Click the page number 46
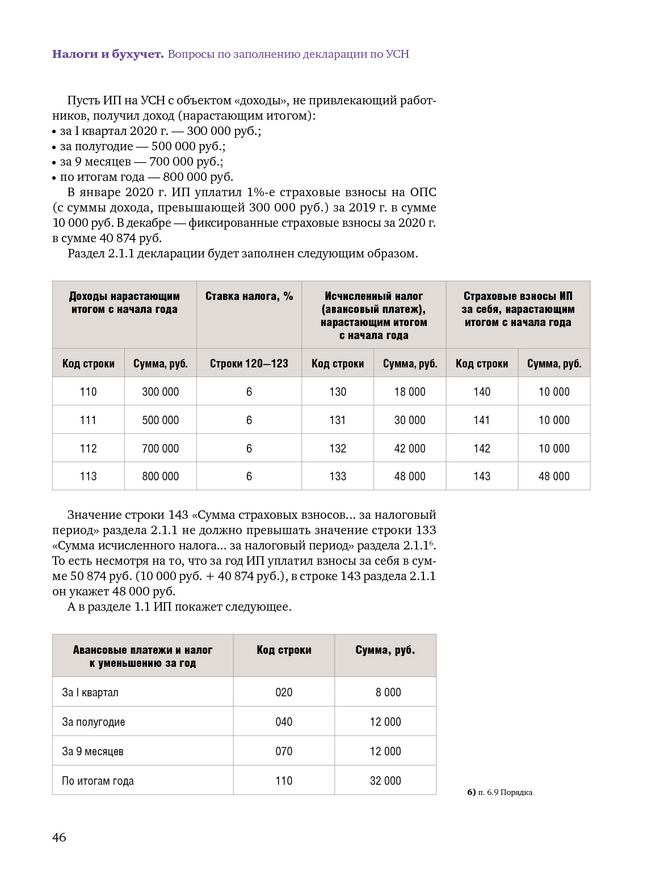tap(59, 838)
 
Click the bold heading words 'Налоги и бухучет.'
tap(108, 54)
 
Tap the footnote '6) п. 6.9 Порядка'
tap(499, 792)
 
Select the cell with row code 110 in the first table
tap(88, 392)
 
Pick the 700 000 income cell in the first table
tap(160, 449)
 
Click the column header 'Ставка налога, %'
tap(249, 297)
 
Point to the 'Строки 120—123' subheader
tap(249, 363)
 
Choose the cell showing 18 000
tap(410, 392)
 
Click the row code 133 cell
tap(338, 476)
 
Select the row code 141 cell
tap(482, 420)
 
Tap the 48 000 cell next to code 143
tap(554, 476)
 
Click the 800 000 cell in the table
tap(160, 476)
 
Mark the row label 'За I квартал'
tap(90, 692)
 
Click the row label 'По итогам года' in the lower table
tap(98, 781)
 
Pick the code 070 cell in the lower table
tap(284, 751)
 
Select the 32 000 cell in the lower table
tap(385, 781)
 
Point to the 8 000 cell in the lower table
tap(388, 692)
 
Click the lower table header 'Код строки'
tap(284, 650)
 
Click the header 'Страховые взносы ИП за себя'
tap(518, 309)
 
